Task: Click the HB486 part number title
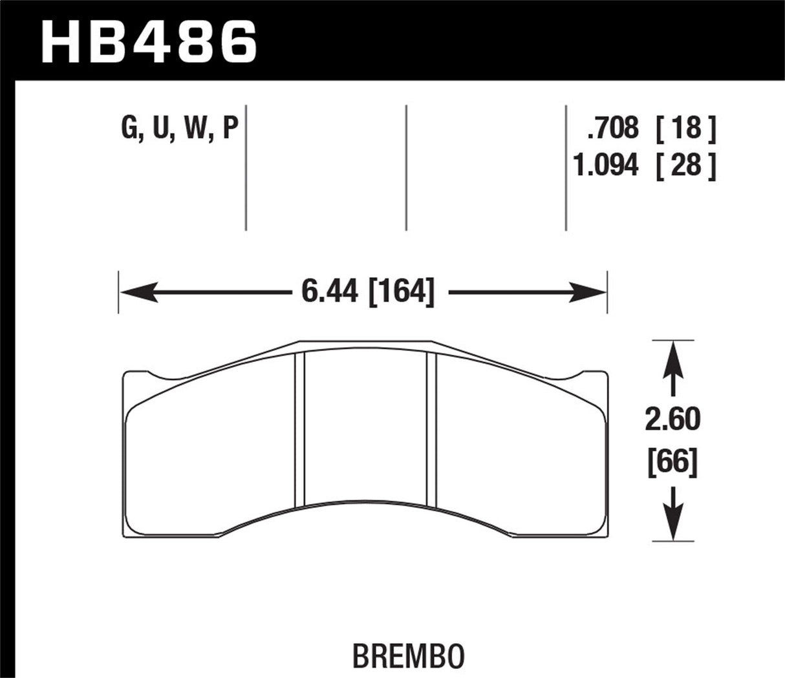coord(149,40)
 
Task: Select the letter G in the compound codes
coord(130,129)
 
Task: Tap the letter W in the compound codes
coord(195,129)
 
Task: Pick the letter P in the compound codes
coord(230,129)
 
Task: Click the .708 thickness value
coord(612,129)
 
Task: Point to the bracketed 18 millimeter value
coord(686,129)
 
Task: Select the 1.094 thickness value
coord(605,166)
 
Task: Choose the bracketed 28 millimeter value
coord(686,166)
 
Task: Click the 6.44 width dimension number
coord(329,293)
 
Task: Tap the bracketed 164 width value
coord(401,293)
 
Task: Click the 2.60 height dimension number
coord(673,421)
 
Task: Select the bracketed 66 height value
coord(673,463)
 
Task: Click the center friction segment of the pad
coord(365,427)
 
